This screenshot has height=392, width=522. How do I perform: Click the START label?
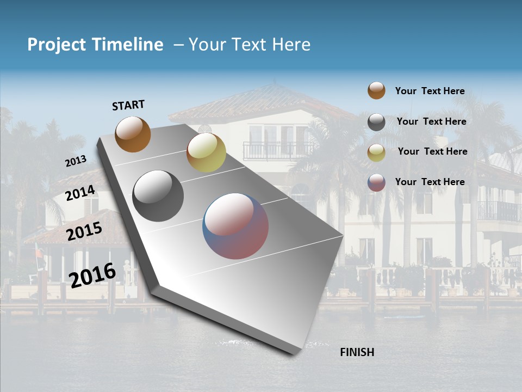pos(128,105)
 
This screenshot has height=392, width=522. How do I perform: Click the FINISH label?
pos(357,352)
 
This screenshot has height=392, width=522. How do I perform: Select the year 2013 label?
pos(76,161)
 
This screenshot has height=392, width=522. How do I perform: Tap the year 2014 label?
pos(80,193)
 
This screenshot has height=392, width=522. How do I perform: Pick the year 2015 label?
pos(84,231)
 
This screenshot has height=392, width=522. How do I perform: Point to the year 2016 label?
pos(92,275)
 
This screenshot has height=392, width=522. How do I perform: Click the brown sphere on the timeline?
pos(133,134)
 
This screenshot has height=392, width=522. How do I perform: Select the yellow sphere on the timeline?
pos(206,152)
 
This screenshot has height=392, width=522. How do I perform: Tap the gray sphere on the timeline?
pos(158,196)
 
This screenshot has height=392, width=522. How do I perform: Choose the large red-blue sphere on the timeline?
pos(235,226)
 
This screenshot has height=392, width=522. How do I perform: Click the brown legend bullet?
pos(376,91)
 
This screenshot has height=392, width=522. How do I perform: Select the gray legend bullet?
pos(376,122)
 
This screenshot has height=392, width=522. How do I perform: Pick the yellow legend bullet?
pos(376,152)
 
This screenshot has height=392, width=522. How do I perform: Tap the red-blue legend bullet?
pos(376,182)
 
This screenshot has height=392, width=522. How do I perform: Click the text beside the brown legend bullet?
pos(430,91)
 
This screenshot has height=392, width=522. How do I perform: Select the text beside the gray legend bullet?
pos(431,121)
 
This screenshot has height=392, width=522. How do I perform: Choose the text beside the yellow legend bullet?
pos(432,151)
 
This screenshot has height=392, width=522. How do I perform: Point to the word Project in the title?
pos(56,45)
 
